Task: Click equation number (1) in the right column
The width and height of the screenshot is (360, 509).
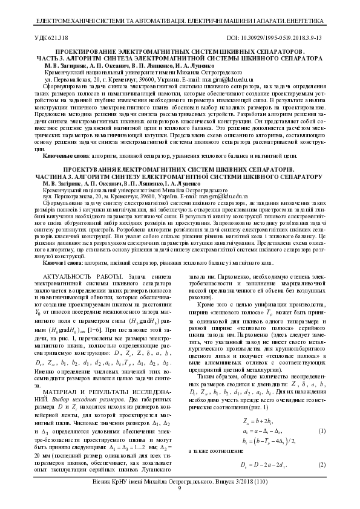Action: coord(324,430)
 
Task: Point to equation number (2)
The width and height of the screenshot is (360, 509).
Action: coord(324,465)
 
